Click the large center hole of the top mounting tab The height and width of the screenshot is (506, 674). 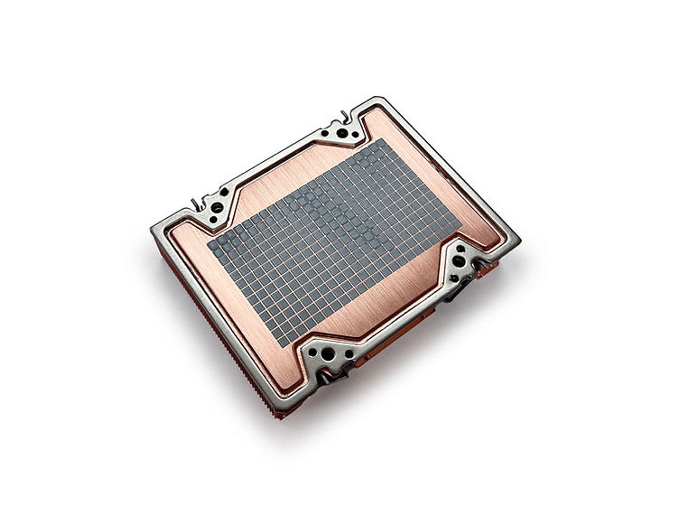pyautogui.click(x=343, y=134)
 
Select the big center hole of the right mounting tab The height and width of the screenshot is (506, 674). pyautogui.click(x=459, y=260)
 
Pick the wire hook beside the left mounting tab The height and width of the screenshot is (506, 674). pyautogui.click(x=196, y=202)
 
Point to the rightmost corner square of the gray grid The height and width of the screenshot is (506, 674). pyautogui.click(x=459, y=228)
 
